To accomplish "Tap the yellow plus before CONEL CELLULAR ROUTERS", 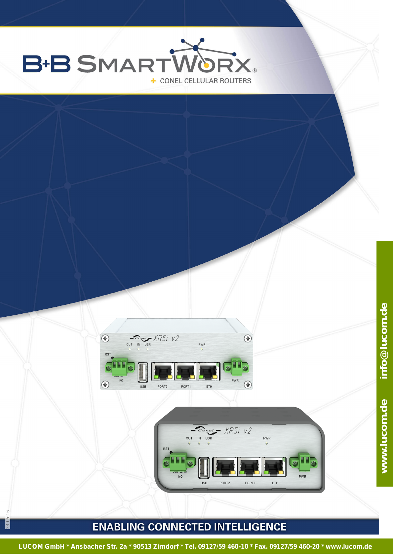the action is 153,81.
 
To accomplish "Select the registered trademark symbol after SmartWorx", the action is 255,70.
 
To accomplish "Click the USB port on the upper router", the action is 143,372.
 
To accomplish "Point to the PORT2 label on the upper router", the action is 162,386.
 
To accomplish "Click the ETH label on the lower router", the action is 275,483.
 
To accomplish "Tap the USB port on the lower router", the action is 204,467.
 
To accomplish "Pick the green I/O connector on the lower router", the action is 179,461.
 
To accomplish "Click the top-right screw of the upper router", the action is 248,338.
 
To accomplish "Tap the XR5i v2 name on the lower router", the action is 238,431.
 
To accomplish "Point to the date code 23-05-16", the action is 8,519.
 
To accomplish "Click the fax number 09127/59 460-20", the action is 295,546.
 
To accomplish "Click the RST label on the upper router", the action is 108,354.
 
